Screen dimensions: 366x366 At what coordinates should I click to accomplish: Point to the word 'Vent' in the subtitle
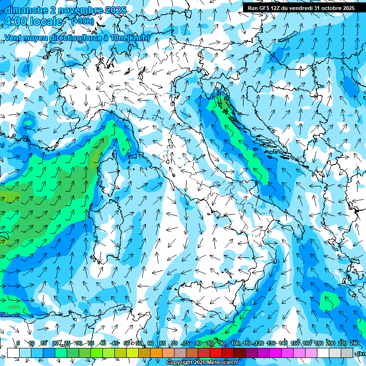coord(14,38)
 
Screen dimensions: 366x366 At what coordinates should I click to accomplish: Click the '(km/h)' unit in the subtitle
coord(139,38)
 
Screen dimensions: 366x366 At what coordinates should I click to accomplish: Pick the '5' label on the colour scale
coord(18,343)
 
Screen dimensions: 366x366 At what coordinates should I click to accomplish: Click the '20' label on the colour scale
coord(55,343)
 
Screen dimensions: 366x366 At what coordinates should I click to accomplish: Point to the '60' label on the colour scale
coord(151,343)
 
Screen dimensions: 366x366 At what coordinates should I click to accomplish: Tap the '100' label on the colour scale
coord(235,343)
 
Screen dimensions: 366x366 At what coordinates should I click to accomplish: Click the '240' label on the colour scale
coord(355,343)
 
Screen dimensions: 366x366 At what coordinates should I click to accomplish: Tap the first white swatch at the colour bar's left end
coord(13,353)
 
